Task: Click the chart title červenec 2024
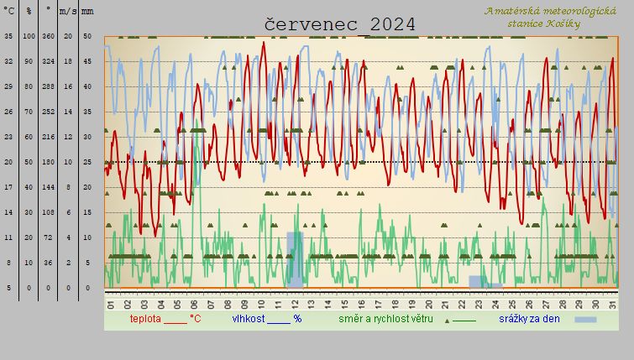coord(340,24)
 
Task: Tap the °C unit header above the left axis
coord(8,11)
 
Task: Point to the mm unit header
coord(88,11)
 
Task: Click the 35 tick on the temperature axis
coord(8,36)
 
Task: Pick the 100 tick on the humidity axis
coord(29,36)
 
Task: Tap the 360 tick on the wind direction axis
coord(49,36)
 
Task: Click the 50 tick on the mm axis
coord(88,36)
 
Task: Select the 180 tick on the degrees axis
coord(49,162)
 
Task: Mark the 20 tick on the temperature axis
coord(8,162)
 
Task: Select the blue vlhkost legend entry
coord(266,319)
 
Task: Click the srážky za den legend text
coord(534,319)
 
